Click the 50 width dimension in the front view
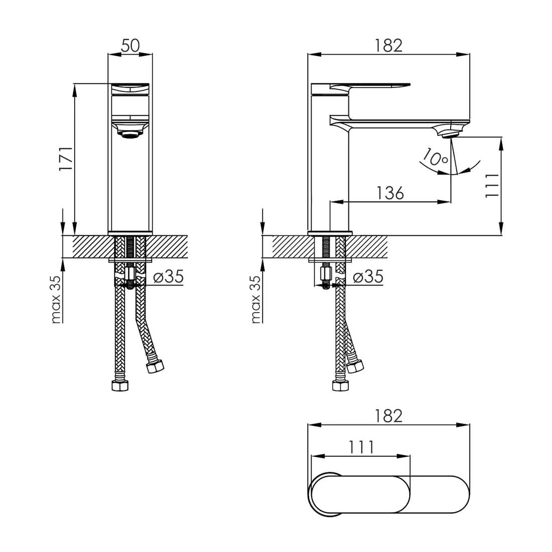tap(130, 45)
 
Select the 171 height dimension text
tap(66, 159)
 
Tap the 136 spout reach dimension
tap(390, 193)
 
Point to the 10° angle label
tap(435, 158)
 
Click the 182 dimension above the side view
tap(388, 45)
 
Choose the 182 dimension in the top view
tap(388, 416)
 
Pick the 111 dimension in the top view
tap(361, 448)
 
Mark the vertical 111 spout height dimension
tap(492, 186)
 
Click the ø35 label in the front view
tap(169, 277)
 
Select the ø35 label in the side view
tap(368, 277)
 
